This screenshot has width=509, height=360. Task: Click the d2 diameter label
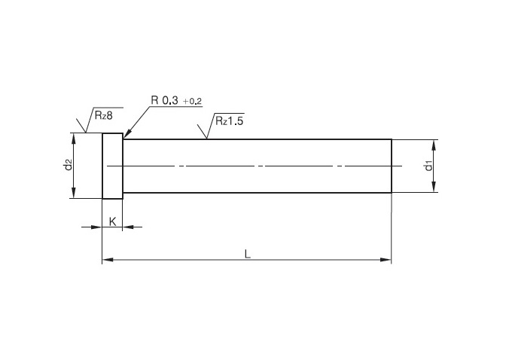tap(68, 165)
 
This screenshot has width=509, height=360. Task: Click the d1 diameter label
tap(428, 166)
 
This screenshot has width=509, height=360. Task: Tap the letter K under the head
tap(112, 221)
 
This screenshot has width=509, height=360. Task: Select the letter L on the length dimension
tap(247, 254)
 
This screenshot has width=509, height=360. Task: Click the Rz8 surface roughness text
tap(104, 114)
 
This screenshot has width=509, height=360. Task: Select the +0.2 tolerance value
tap(192, 101)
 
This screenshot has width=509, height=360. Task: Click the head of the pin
tap(112, 166)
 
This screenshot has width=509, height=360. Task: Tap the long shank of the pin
tap(256, 166)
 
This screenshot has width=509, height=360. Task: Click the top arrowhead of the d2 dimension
tap(73, 138)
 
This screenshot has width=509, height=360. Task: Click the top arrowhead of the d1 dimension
tap(436, 144)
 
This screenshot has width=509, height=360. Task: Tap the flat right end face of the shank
tap(392, 166)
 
